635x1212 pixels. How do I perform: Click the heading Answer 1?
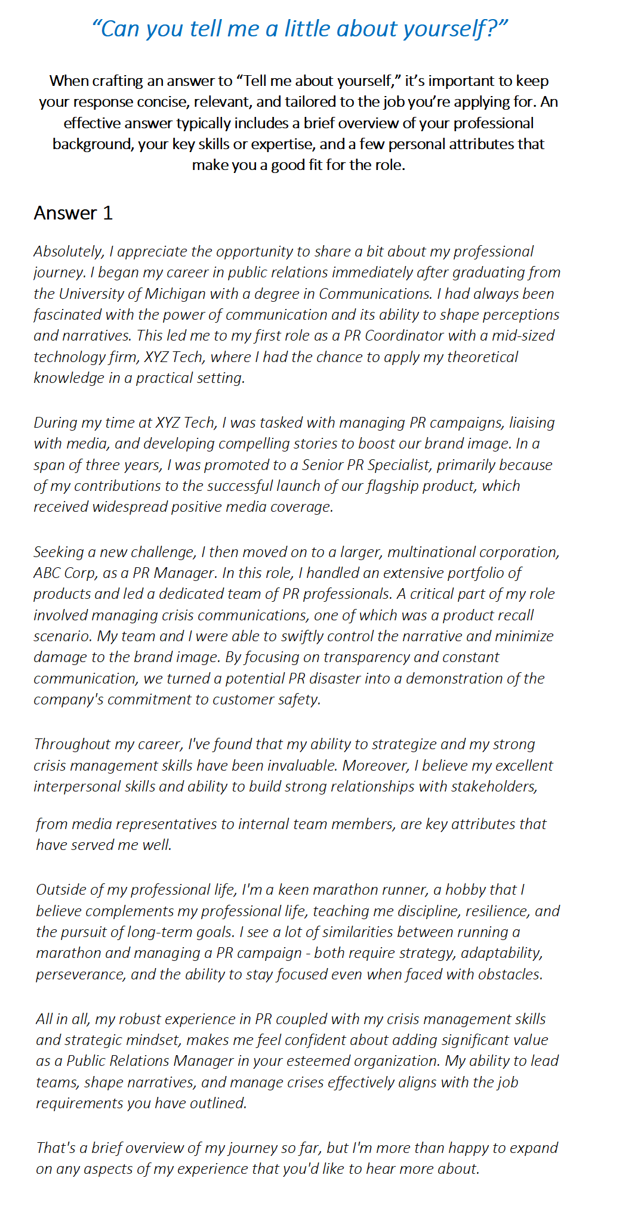[73, 213]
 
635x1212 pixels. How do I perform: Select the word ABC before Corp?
[47, 573]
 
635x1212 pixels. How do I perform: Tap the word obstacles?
[505, 974]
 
